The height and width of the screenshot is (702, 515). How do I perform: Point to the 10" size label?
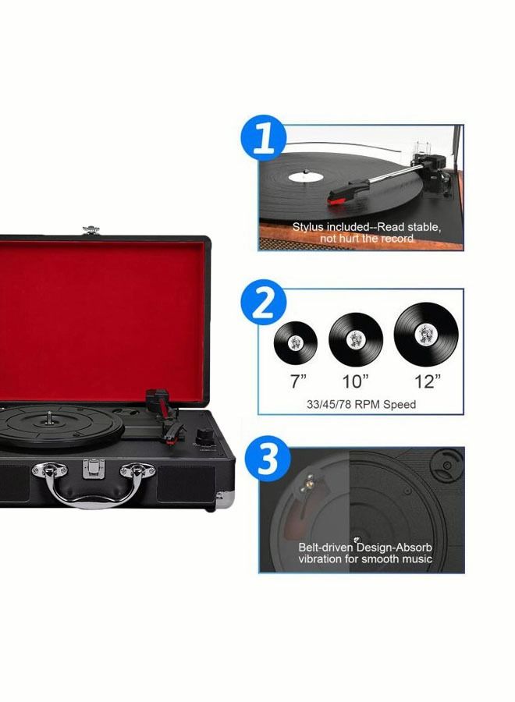(355, 381)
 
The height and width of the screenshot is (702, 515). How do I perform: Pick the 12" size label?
(427, 381)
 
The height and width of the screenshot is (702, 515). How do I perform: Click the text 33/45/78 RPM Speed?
(360, 405)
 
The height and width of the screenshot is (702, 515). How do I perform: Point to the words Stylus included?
(327, 227)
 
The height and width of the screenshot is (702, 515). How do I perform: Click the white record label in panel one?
(307, 177)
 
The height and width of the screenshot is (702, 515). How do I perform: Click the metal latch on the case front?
(92, 466)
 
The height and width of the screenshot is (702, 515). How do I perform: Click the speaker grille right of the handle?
(184, 483)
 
